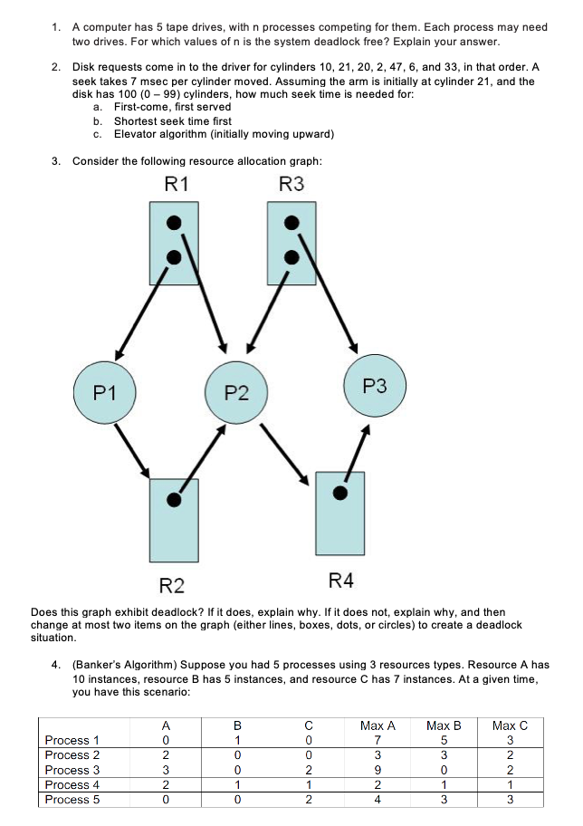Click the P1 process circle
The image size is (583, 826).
[x=104, y=392]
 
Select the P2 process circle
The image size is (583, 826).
[x=236, y=392]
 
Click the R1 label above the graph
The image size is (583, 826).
[x=178, y=184]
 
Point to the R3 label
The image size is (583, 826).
[x=291, y=184]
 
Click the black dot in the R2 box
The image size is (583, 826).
[x=174, y=497]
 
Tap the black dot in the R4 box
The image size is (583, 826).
[x=339, y=493]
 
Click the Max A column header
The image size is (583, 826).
[x=378, y=725]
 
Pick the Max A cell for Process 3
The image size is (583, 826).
[x=378, y=769]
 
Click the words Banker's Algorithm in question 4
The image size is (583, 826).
[x=121, y=664]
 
